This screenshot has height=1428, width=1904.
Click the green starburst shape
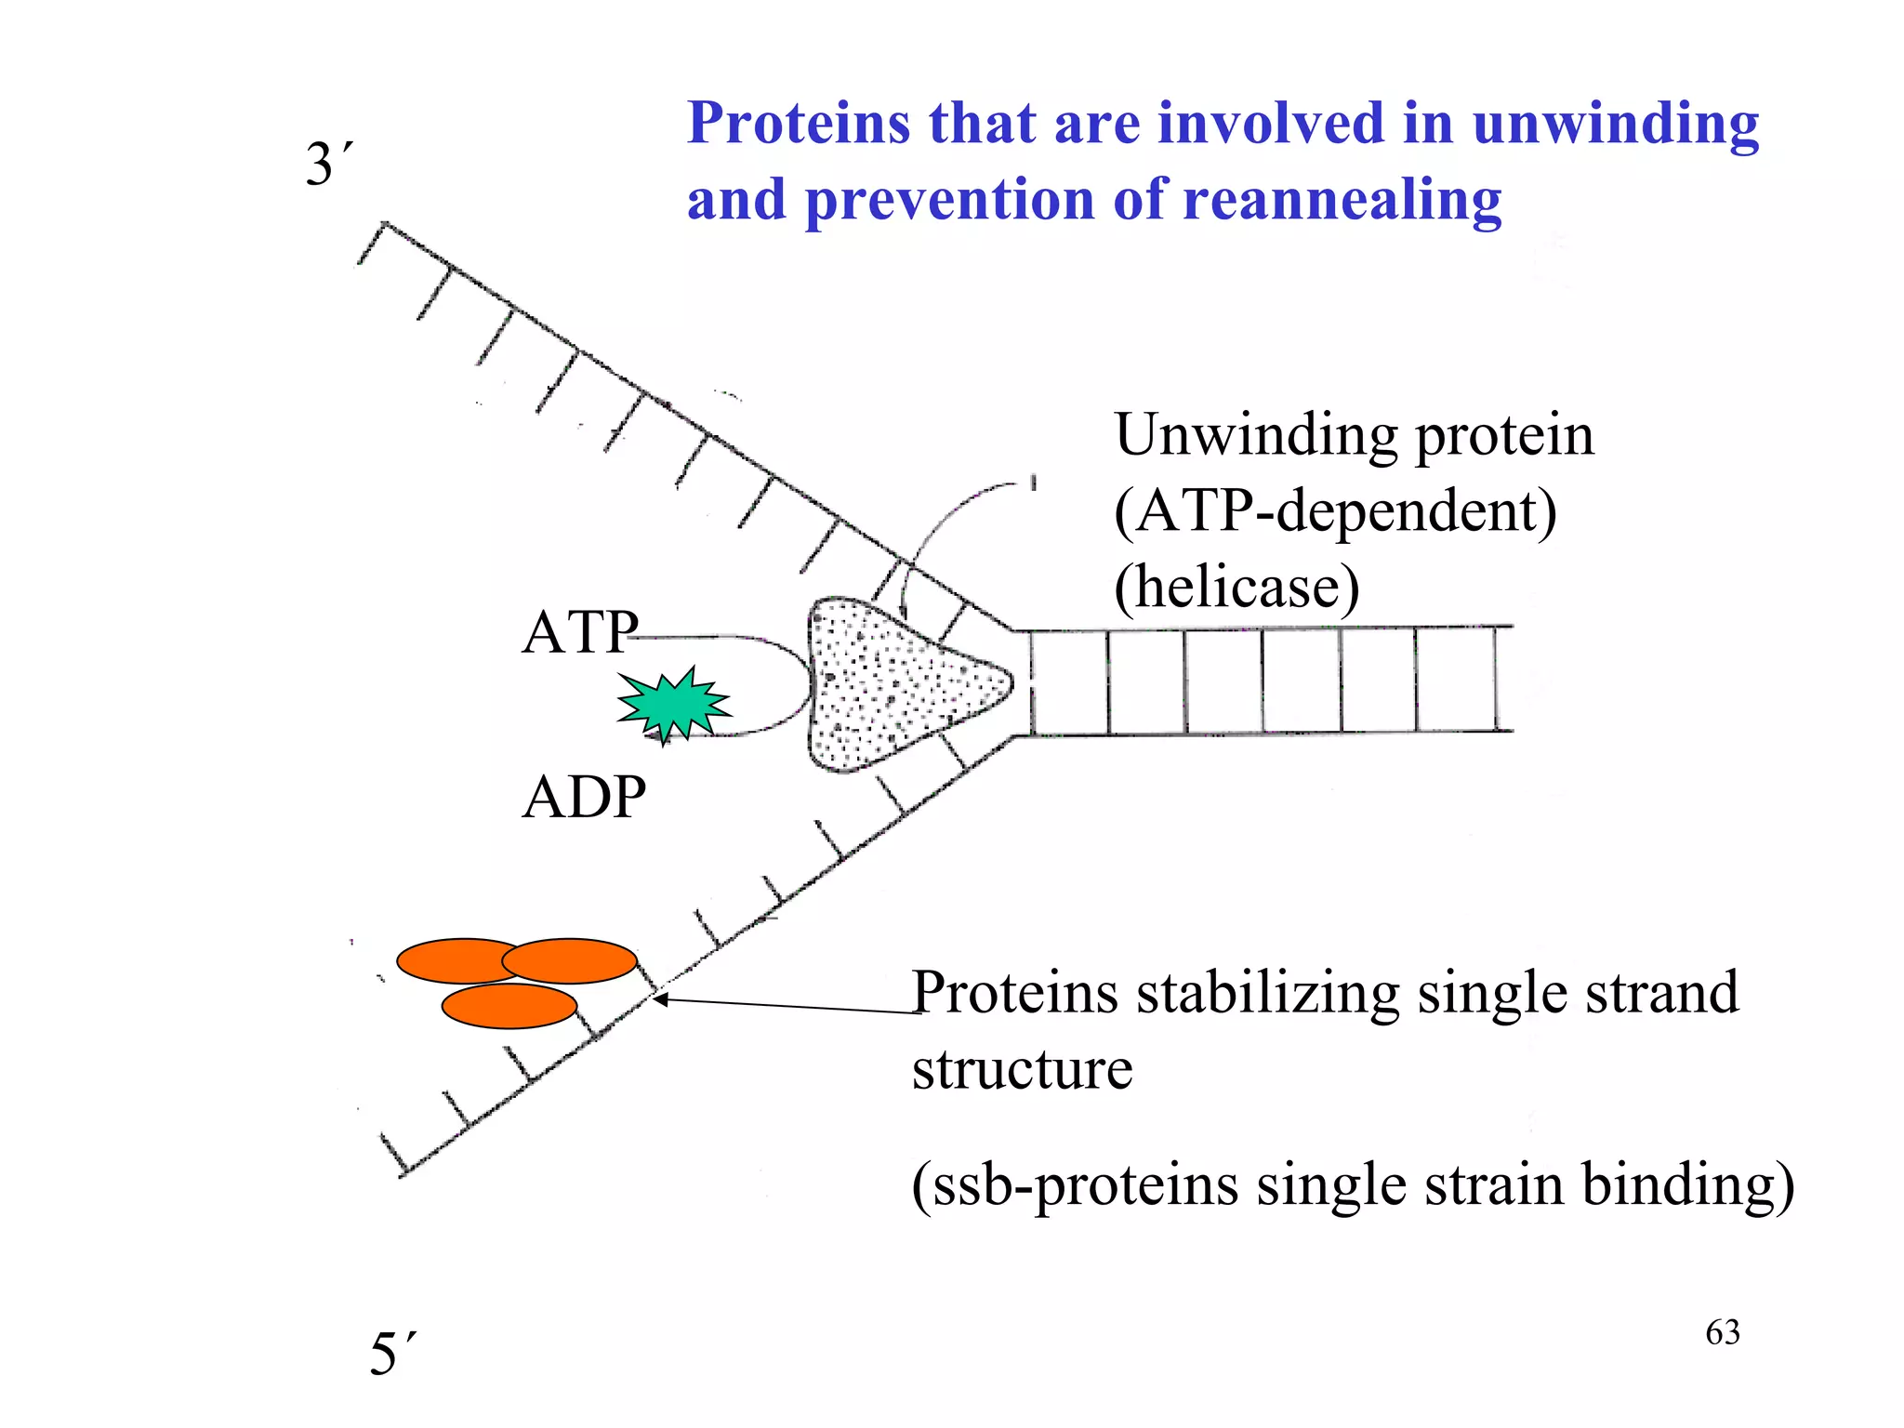point(673,705)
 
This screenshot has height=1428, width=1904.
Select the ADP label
point(584,797)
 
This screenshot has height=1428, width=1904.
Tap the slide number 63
point(1722,1332)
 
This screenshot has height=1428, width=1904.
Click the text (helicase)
point(1236,587)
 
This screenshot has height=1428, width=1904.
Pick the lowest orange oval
point(509,1006)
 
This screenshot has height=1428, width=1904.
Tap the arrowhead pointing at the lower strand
point(659,999)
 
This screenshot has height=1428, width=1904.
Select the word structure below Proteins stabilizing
point(1022,1068)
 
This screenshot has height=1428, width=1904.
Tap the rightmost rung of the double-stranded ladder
point(1495,679)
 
